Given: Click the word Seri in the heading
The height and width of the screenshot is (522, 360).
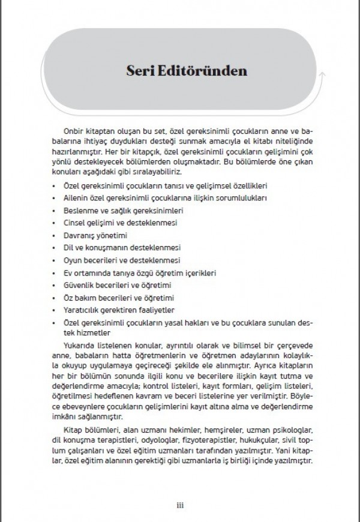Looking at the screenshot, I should (x=140, y=71).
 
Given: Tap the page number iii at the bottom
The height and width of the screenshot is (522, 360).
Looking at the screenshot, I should (x=180, y=503).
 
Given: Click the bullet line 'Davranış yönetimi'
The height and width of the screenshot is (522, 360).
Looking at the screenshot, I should (x=92, y=235).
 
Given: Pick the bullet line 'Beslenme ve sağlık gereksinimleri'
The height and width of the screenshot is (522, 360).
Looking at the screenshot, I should (x=115, y=209).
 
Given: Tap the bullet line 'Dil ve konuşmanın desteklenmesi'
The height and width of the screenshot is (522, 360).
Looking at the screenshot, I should (x=114, y=247).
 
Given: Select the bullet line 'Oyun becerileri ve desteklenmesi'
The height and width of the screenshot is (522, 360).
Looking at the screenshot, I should (x=114, y=260).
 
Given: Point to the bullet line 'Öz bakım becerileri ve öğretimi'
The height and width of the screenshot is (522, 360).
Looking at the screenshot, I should (x=114, y=298).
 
